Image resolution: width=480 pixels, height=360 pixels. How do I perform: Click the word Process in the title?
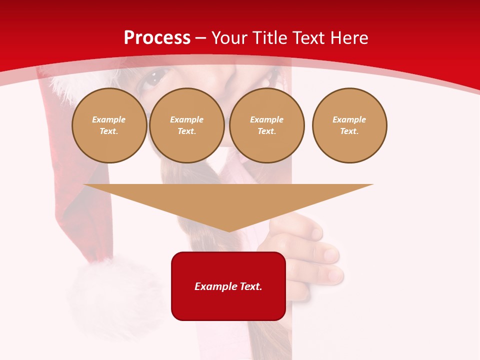point(157,38)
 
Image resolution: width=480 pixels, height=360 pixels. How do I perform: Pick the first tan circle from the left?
point(109,125)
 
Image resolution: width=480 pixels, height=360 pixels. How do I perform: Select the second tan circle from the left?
point(186,125)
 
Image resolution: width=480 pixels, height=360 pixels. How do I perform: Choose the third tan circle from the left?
point(266,125)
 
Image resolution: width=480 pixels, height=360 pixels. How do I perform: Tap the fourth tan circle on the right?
point(349,125)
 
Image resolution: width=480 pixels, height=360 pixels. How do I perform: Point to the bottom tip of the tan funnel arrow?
point(229,230)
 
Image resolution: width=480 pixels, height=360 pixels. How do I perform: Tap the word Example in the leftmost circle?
point(109,119)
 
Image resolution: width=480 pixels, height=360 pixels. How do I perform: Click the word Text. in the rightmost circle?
point(349,131)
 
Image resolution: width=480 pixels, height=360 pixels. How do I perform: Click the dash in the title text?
point(200,38)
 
